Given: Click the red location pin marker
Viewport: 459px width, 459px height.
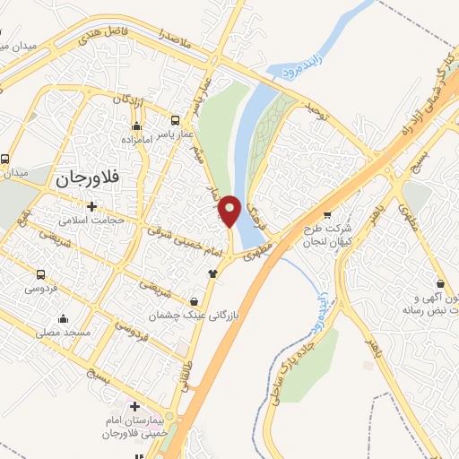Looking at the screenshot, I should click(x=230, y=211).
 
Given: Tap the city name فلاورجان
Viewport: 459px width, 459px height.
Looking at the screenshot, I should click(x=88, y=179).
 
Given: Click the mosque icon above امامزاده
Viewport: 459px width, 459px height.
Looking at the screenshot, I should click(x=135, y=126).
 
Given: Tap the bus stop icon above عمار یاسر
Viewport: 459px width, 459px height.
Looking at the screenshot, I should click(x=176, y=118).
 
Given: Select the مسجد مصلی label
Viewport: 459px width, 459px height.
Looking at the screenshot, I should click(x=64, y=332).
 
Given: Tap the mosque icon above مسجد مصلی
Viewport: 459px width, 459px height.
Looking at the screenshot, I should click(x=63, y=318).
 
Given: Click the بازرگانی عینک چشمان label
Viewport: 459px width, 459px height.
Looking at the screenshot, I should click(x=195, y=316).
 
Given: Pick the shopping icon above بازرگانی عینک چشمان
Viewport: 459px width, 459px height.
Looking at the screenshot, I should click(x=195, y=300).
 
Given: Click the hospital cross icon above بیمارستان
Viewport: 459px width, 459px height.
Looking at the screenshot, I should click(x=134, y=408).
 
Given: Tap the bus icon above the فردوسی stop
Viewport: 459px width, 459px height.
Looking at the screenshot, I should click(x=40, y=275).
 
